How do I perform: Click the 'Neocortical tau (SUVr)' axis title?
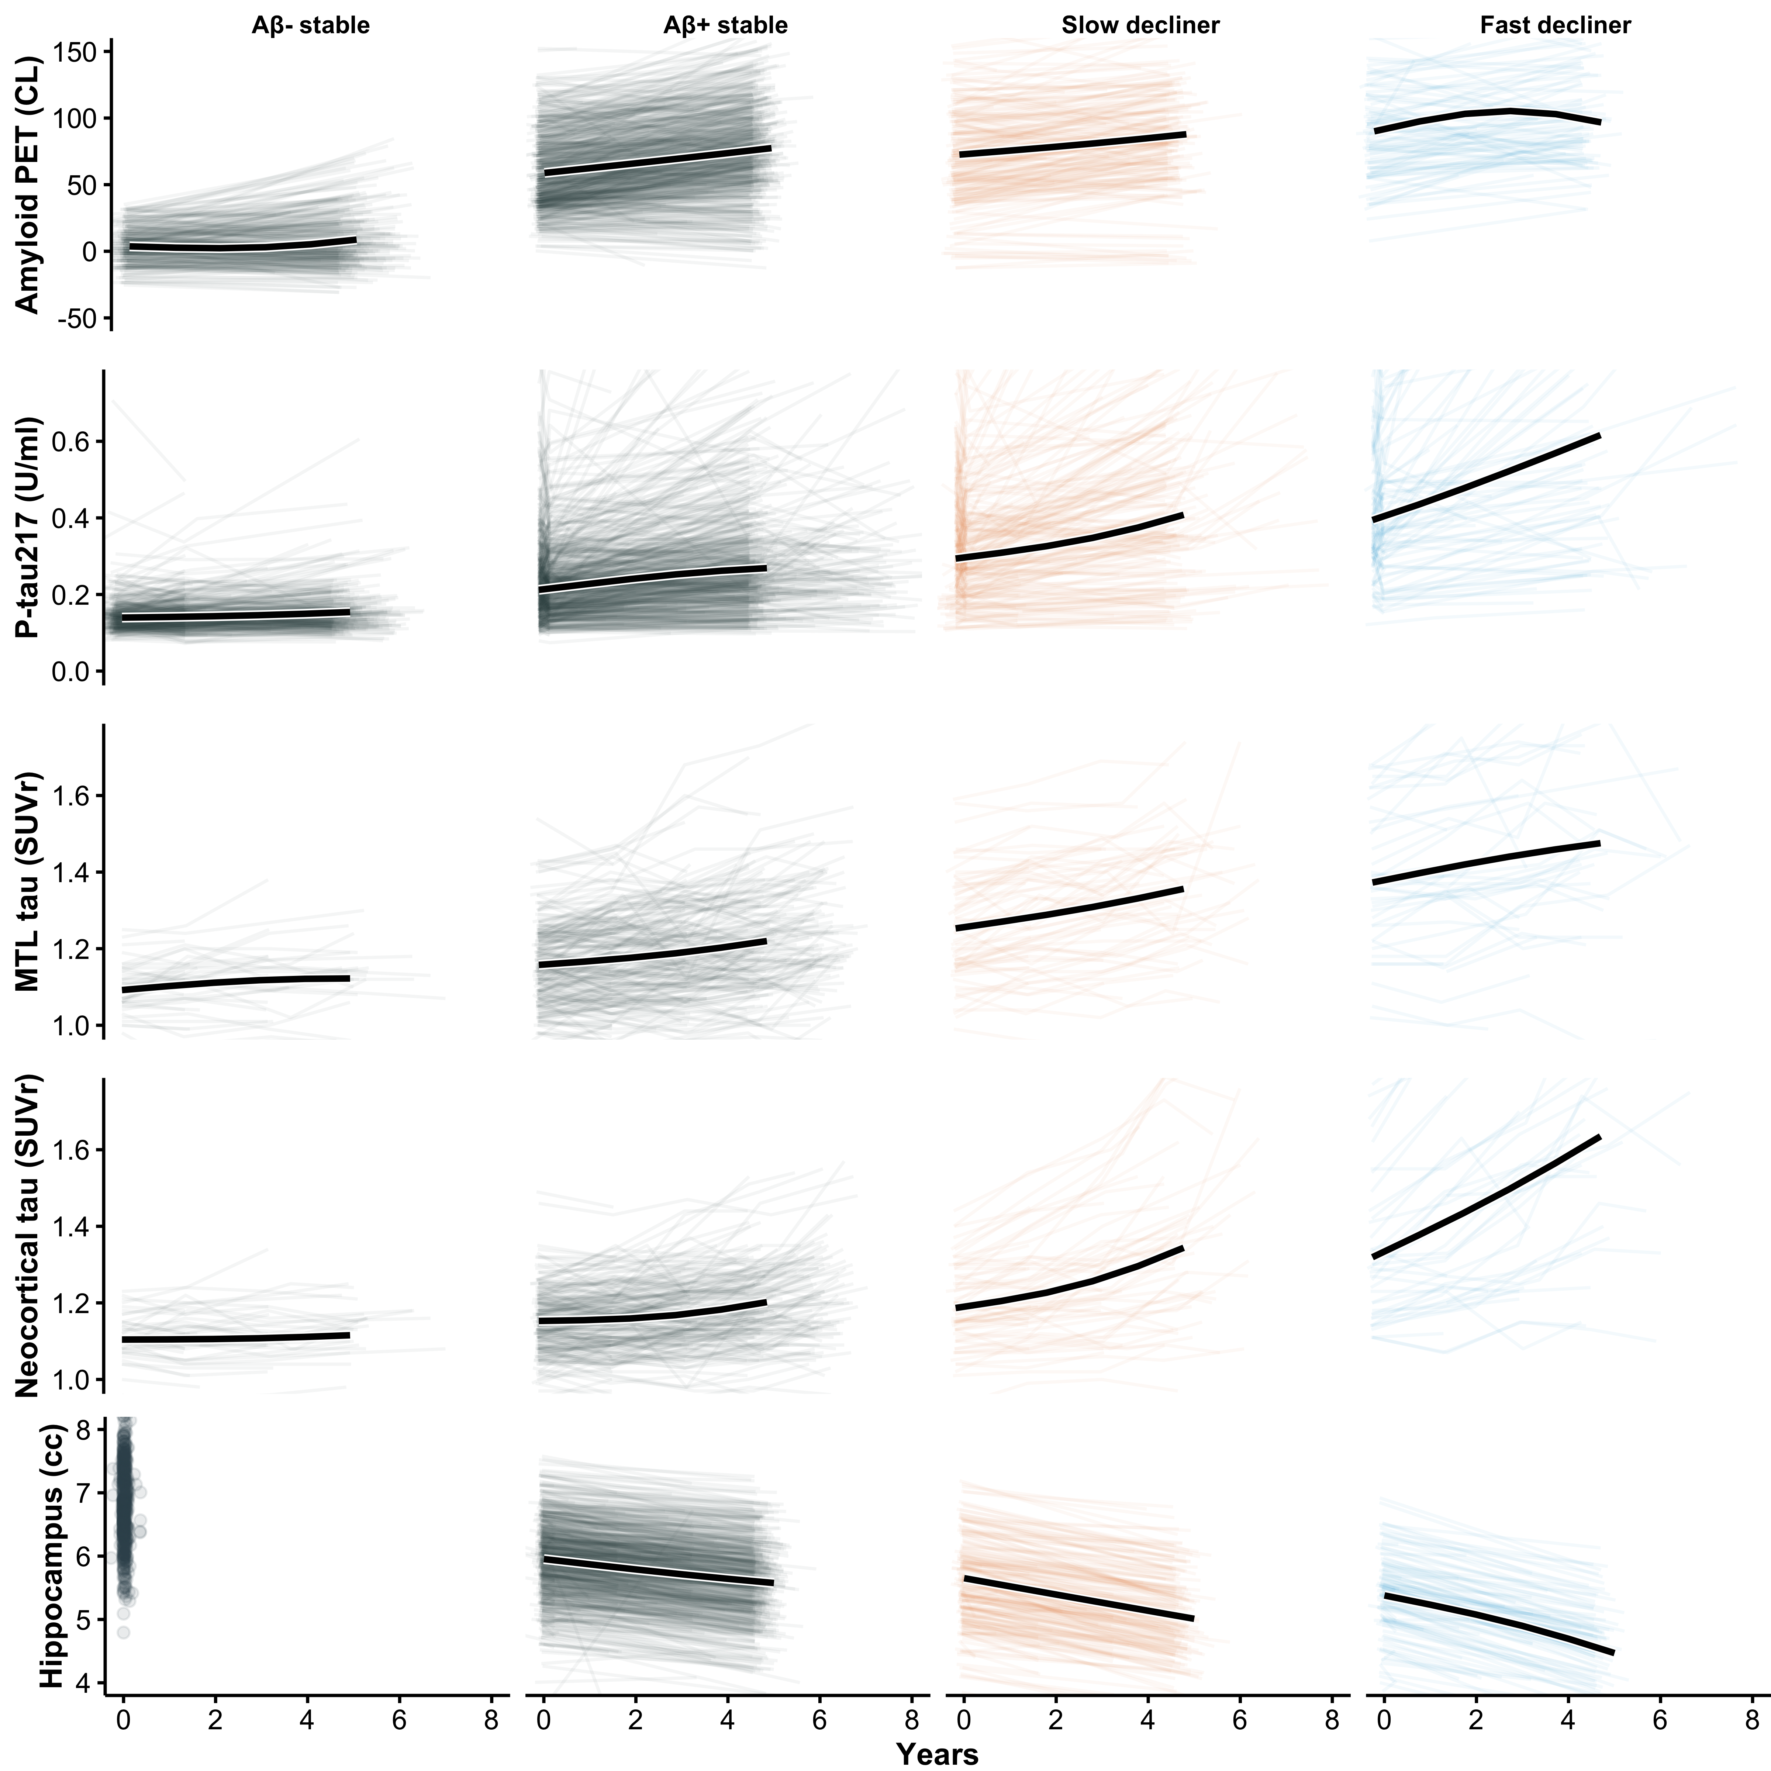(x=28, y=1237)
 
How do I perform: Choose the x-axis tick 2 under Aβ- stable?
(x=215, y=1720)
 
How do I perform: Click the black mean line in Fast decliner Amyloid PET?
(x=1485, y=114)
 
